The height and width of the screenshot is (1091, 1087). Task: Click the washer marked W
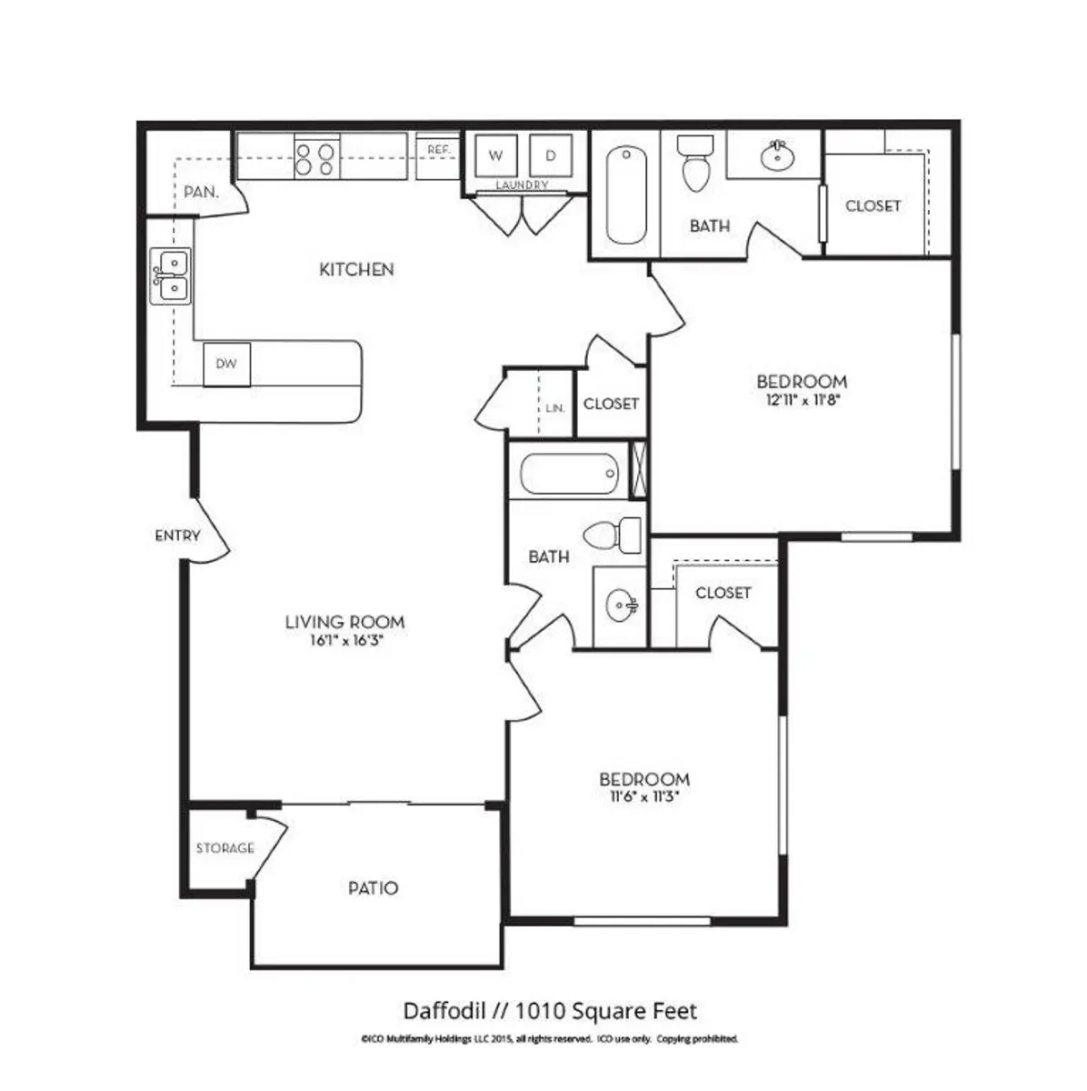[494, 155]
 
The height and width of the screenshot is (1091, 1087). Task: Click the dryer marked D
[550, 155]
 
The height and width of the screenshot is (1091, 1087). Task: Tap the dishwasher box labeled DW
[226, 364]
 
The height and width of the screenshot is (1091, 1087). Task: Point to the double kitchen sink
[170, 275]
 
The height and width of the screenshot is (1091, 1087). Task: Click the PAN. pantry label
[200, 192]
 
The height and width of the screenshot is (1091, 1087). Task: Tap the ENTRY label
[177, 535]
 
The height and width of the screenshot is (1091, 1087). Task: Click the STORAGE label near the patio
[225, 848]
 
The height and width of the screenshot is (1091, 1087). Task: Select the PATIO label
[374, 888]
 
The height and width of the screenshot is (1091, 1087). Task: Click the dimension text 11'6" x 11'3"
[643, 796]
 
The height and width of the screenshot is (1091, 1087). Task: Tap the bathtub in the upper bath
[626, 195]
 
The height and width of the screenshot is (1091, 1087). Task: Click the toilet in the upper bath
[696, 164]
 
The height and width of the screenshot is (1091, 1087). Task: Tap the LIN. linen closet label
[555, 408]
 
